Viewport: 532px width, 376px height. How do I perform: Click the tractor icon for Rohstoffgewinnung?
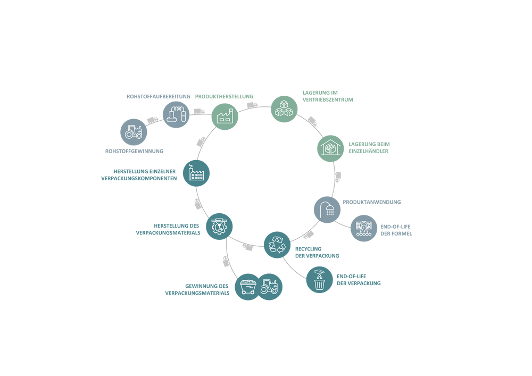click(132, 132)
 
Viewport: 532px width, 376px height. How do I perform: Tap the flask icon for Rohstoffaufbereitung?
click(175, 114)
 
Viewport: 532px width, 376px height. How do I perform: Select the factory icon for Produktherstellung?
click(225, 116)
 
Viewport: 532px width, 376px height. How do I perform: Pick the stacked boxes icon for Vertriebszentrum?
click(285, 109)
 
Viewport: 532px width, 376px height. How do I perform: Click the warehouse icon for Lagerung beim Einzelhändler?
click(331, 148)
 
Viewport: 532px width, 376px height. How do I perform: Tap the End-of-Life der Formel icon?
click(364, 229)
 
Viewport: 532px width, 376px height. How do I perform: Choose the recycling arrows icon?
click(277, 245)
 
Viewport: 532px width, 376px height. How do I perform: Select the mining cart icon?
click(247, 287)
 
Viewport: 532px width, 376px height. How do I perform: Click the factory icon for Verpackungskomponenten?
click(196, 173)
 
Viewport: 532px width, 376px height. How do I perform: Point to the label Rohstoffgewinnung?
click(134, 151)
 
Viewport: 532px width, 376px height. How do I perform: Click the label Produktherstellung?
click(224, 96)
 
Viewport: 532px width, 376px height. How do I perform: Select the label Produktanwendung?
click(372, 202)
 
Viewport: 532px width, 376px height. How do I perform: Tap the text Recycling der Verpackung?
click(317, 252)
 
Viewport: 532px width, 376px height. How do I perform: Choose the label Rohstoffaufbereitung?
click(159, 96)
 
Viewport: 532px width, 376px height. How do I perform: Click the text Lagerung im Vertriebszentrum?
click(328, 96)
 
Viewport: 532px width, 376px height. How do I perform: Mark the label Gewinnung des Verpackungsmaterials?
click(197, 289)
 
